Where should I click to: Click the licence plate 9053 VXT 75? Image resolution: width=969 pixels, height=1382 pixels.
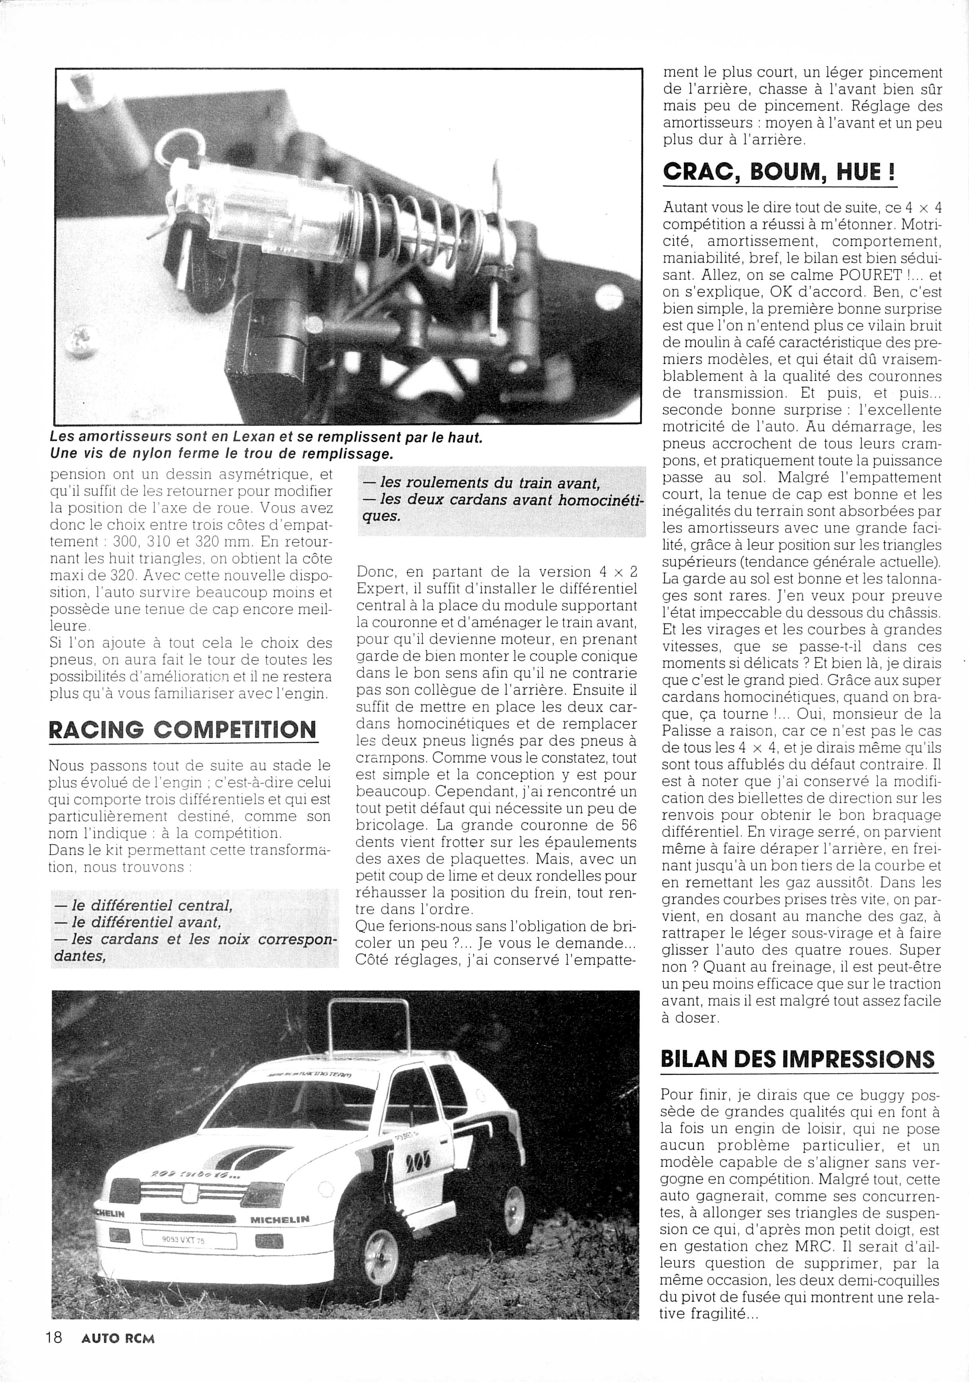tap(183, 1240)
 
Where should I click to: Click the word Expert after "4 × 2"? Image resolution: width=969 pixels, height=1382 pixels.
tap(383, 588)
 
